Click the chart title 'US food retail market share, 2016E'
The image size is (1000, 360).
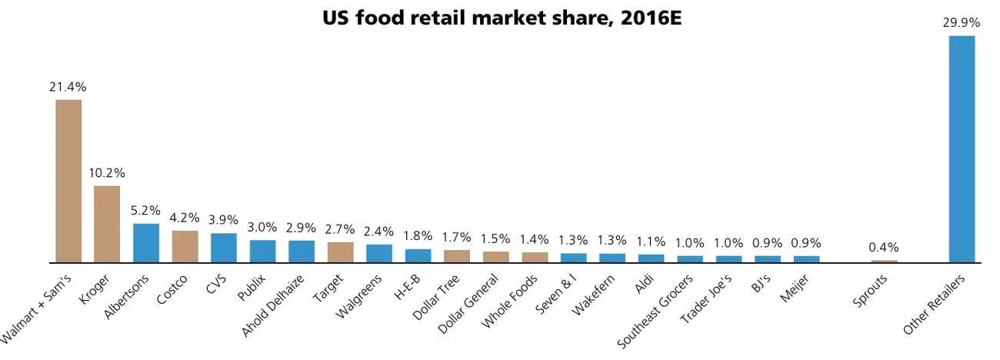[502, 18]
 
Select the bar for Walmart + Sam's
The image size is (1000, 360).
[68, 181]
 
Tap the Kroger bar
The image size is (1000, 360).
[107, 224]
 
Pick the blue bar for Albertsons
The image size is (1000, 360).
[146, 243]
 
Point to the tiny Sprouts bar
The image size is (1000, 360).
[884, 262]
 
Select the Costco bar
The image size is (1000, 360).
[185, 246]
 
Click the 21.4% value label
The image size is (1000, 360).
[68, 87]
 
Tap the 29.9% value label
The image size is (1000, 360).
[962, 22]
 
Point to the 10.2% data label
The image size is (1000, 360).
[107, 173]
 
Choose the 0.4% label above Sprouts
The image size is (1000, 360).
[884, 248]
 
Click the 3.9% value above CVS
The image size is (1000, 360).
[224, 220]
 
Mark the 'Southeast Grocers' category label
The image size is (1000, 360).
[655, 310]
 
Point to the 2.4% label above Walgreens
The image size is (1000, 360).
[378, 231]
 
